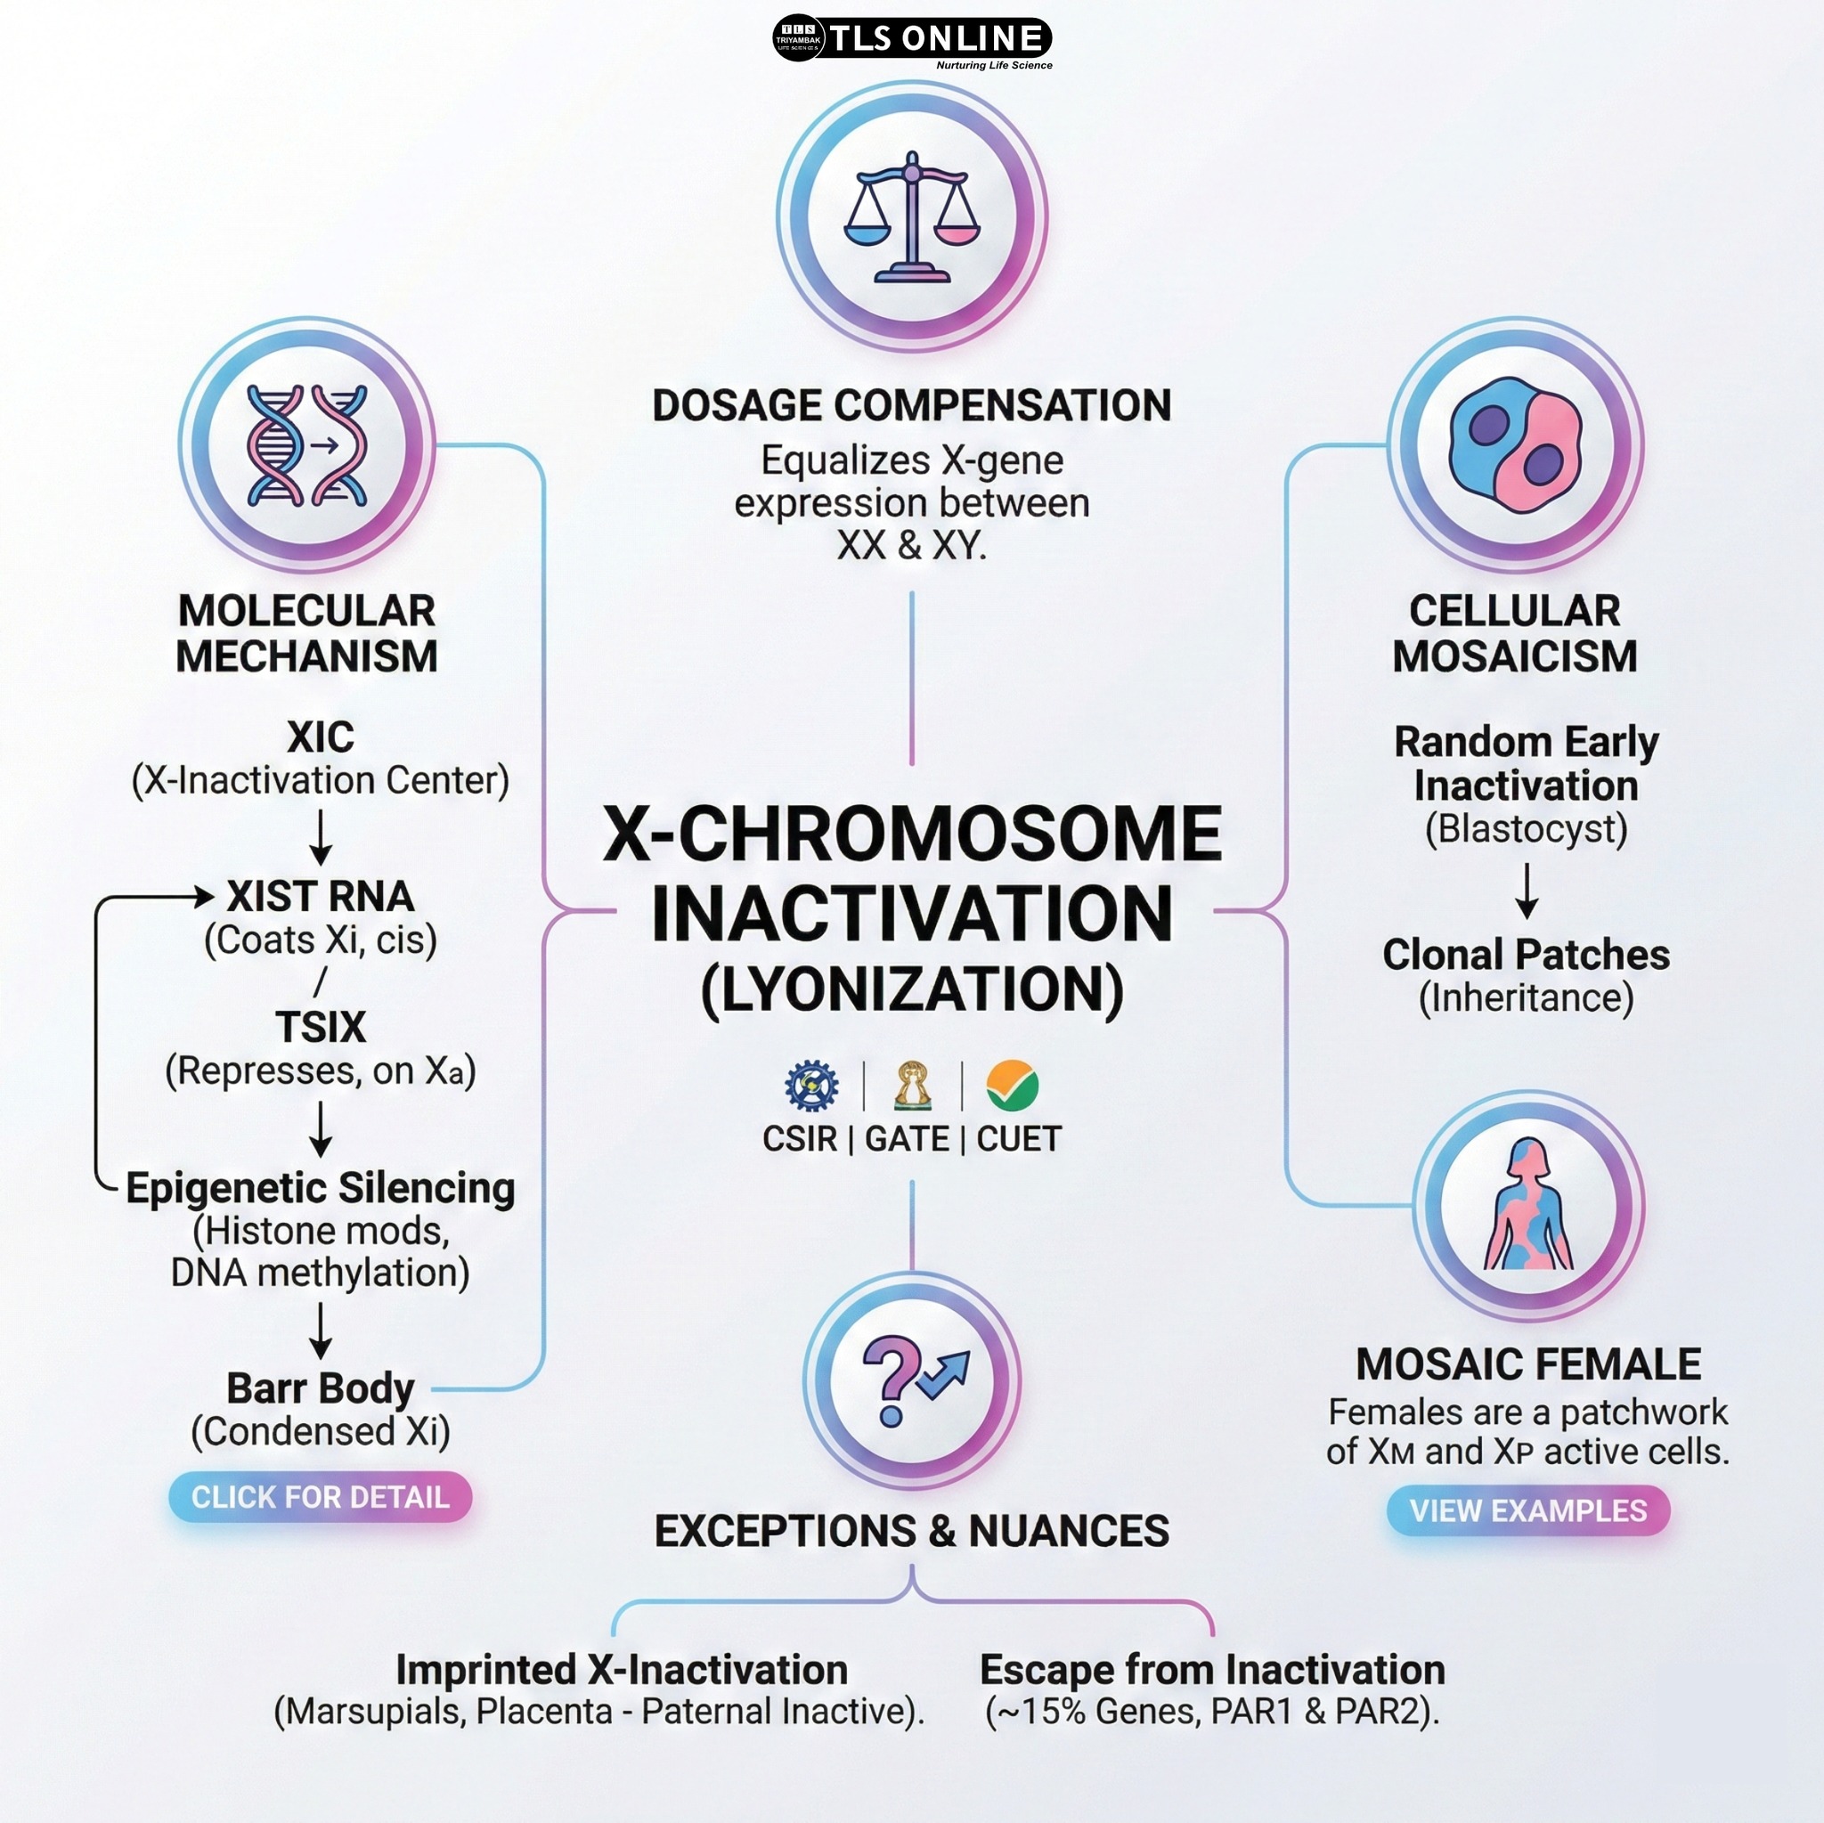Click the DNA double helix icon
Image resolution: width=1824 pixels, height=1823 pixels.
307,444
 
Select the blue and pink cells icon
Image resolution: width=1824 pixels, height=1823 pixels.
1515,444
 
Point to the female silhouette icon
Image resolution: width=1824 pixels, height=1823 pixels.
1528,1205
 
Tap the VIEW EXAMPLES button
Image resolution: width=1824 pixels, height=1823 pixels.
1527,1510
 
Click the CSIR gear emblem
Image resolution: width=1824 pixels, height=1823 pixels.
811,1086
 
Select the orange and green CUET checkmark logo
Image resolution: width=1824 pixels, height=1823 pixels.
1012,1086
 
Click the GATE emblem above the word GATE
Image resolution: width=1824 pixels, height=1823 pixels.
912,1086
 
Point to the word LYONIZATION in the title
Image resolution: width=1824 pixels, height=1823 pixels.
912,989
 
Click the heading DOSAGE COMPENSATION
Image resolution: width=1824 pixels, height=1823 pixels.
912,406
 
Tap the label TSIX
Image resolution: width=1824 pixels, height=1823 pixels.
321,1027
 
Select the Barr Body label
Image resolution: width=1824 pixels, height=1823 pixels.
321,1388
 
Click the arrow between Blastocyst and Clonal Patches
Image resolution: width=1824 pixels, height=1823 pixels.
1527,891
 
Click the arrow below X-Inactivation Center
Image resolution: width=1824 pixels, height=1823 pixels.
321,837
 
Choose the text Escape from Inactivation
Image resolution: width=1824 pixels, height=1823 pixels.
1212,1670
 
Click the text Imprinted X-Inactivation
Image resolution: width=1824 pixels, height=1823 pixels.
622,1670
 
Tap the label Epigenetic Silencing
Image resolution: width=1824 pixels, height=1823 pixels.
321,1189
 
